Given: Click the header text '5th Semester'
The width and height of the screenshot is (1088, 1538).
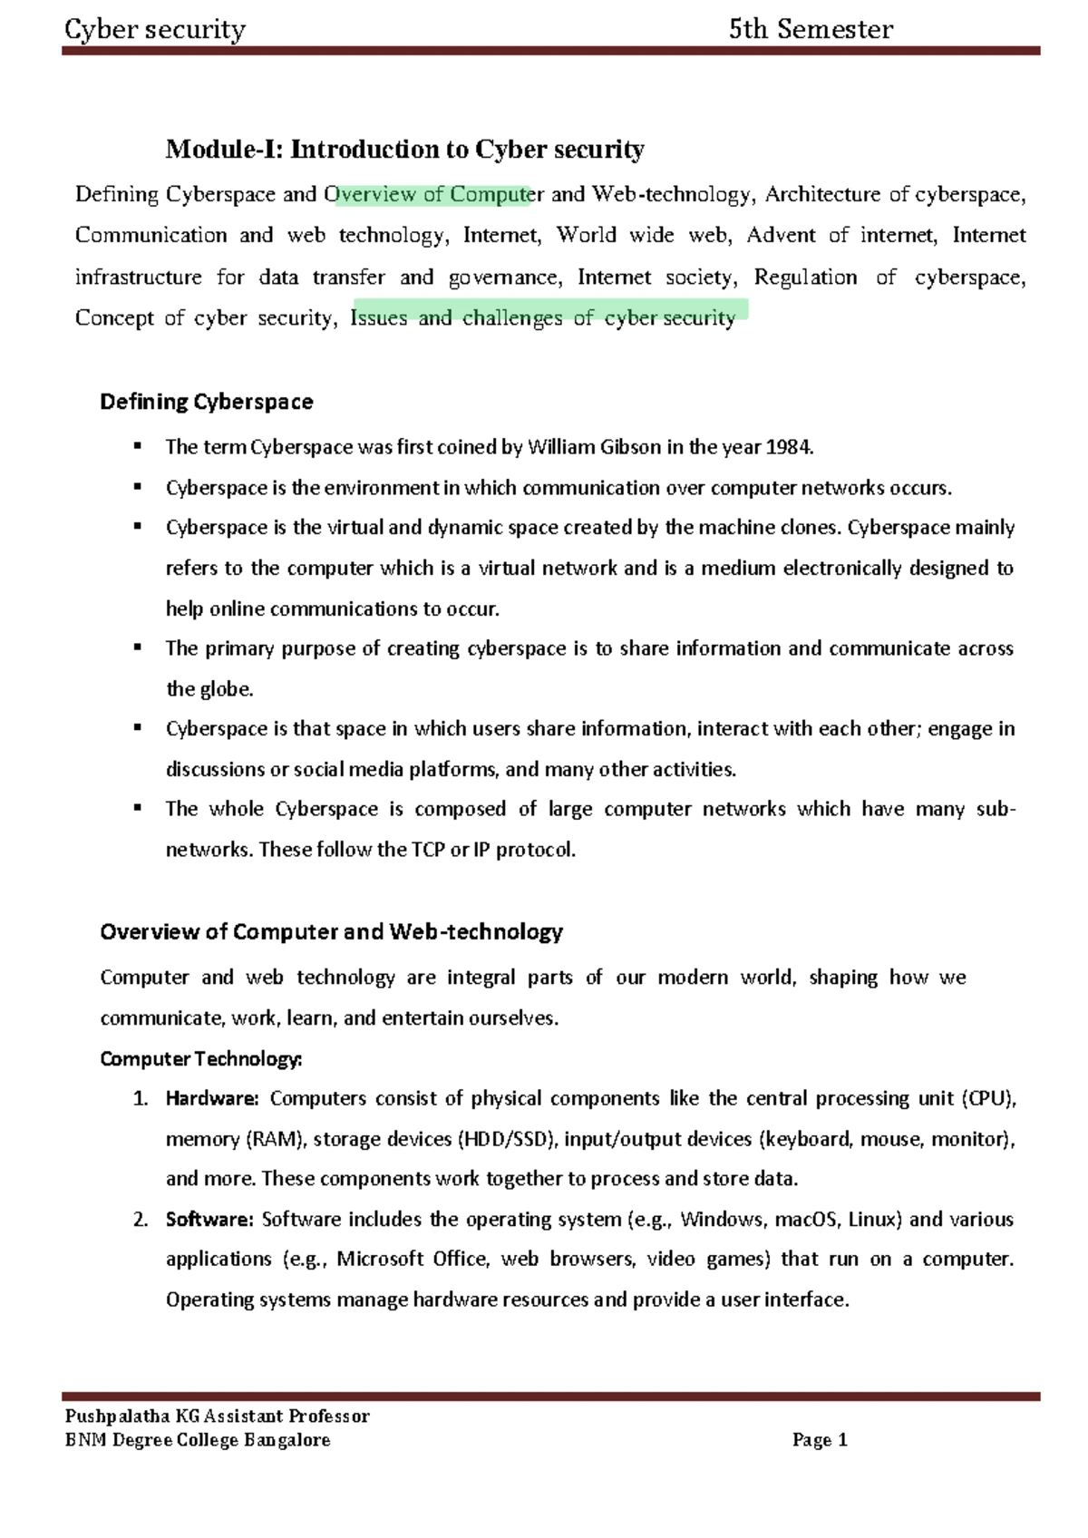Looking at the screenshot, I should [x=811, y=30].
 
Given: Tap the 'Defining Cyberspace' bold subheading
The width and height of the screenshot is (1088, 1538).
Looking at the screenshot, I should [x=207, y=402].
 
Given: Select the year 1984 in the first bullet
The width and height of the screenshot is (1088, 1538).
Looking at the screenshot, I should [x=789, y=447].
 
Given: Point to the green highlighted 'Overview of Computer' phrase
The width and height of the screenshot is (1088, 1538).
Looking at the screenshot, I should [x=433, y=195].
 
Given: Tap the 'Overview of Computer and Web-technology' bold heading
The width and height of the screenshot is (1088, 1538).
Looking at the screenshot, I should [x=331, y=932].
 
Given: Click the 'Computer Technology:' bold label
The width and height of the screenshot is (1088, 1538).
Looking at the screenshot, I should [x=201, y=1059].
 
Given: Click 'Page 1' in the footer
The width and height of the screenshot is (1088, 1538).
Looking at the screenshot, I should [x=820, y=1440].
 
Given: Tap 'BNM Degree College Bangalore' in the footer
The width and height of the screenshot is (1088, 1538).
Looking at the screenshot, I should [x=197, y=1440].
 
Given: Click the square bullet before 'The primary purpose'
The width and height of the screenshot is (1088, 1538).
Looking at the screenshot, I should [x=138, y=647].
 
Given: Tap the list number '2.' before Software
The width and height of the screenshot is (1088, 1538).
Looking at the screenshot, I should [x=141, y=1220].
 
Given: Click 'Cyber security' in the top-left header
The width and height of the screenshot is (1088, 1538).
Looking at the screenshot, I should [x=155, y=30].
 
